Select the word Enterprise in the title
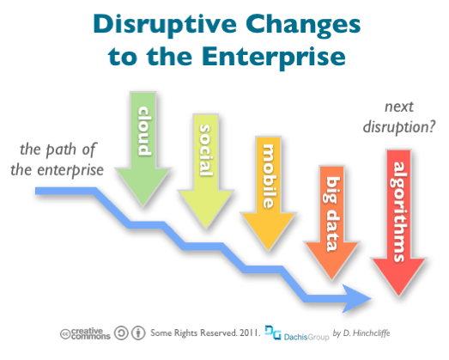[x=275, y=58]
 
